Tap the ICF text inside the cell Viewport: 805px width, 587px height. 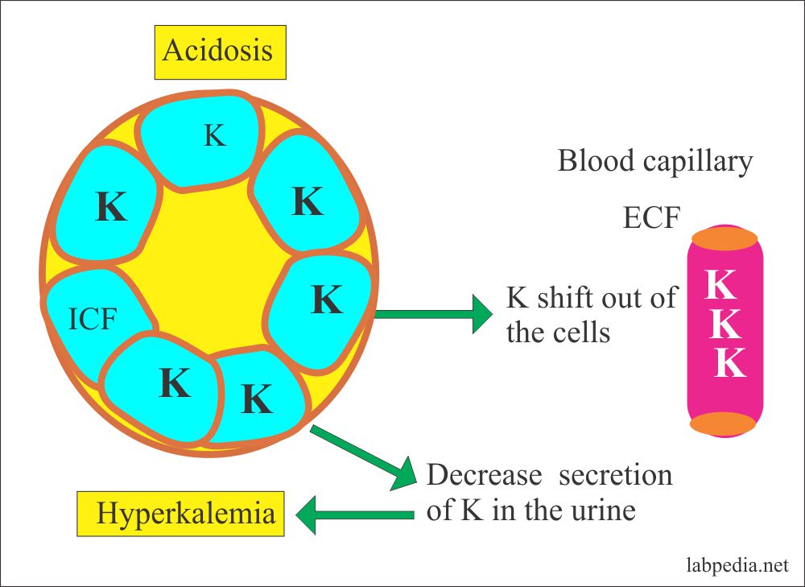(93, 320)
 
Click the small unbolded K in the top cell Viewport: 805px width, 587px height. (214, 136)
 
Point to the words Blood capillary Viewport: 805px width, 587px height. (654, 161)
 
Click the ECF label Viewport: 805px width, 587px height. (651, 217)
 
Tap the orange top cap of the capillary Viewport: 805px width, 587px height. (724, 238)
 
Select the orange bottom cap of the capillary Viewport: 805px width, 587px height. (723, 424)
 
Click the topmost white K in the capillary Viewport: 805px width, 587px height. (724, 283)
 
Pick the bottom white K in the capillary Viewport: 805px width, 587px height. (729, 362)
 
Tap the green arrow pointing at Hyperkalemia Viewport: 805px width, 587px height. (354, 515)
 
